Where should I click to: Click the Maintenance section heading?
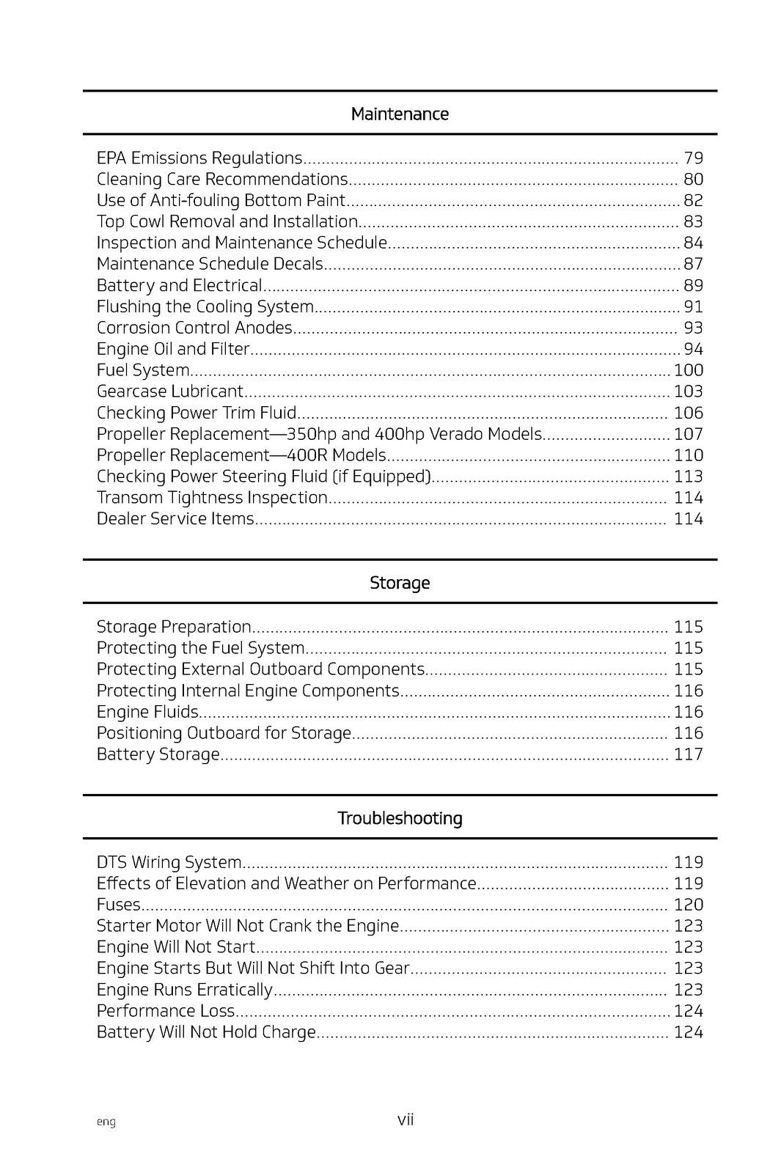tap(400, 114)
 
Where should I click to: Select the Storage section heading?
tap(400, 583)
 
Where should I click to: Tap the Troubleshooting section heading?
tap(400, 818)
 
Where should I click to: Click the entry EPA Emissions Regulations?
tap(199, 158)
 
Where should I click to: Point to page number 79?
tap(693, 158)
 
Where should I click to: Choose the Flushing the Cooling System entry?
tap(205, 306)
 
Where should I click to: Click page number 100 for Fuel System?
tap(689, 370)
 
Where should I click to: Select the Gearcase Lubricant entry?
tap(170, 391)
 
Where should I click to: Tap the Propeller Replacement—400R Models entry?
tap(241, 455)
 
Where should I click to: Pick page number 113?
tap(689, 477)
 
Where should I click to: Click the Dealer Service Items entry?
tap(175, 519)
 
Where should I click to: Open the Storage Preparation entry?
tap(174, 627)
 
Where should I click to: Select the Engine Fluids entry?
tap(147, 712)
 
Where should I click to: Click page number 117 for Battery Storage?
tap(689, 754)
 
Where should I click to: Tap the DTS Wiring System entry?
tap(169, 862)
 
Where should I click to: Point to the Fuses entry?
tap(118, 905)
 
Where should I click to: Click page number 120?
tap(689, 905)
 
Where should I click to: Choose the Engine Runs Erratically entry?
tap(184, 990)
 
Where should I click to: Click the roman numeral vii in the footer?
tap(406, 1119)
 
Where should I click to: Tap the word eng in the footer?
tap(106, 1122)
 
